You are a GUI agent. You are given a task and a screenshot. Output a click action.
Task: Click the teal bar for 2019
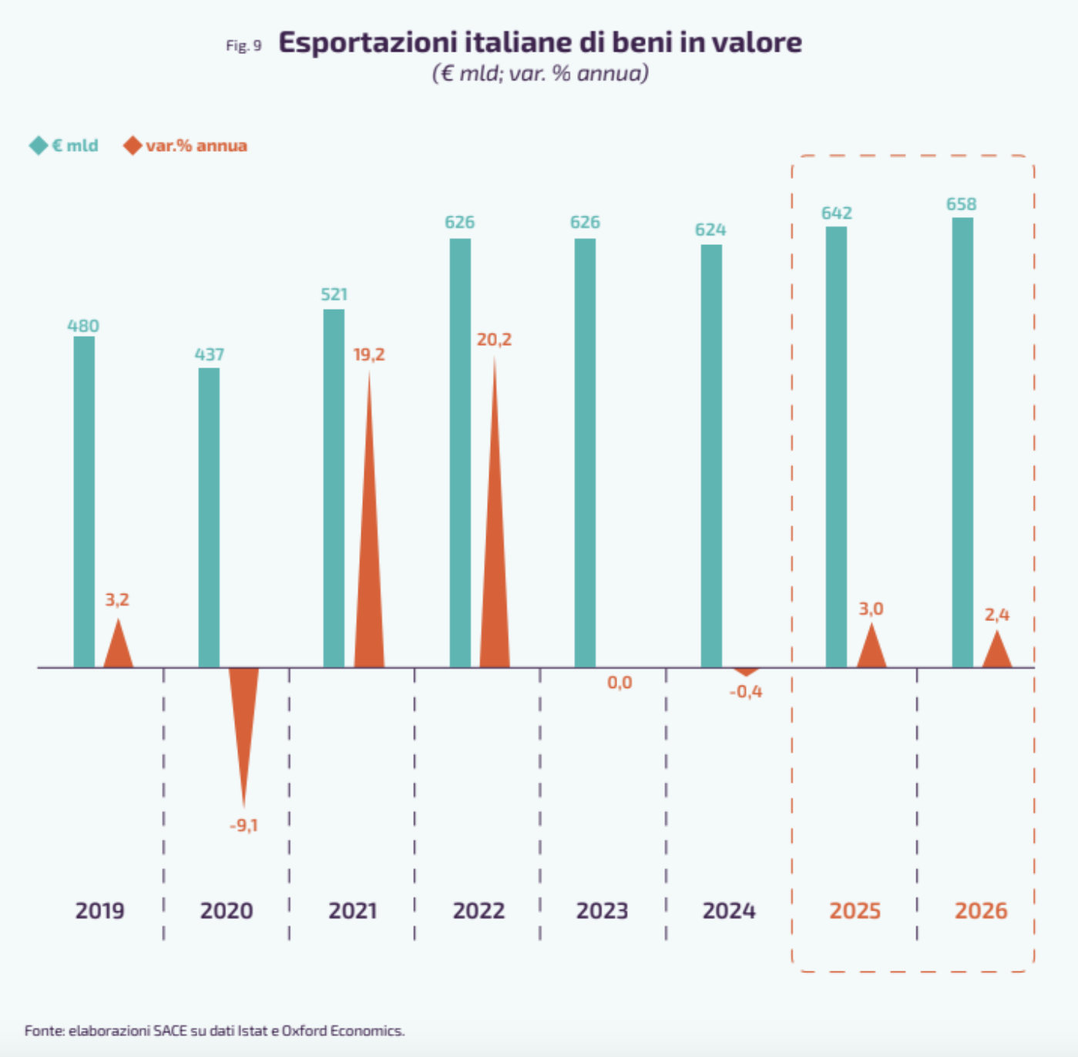click(x=84, y=502)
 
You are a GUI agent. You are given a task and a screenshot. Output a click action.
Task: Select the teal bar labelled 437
click(x=209, y=517)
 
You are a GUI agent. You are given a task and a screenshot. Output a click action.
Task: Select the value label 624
click(x=710, y=230)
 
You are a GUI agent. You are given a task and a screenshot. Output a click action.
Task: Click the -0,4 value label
click(x=746, y=692)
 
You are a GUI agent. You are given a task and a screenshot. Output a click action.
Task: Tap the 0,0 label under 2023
click(x=620, y=683)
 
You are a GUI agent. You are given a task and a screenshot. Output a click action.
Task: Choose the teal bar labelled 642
click(x=836, y=447)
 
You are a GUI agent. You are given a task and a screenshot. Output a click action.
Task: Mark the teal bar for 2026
click(x=962, y=442)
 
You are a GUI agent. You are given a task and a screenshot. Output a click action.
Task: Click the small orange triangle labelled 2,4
click(x=997, y=652)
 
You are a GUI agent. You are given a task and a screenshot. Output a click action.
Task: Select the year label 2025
click(x=855, y=911)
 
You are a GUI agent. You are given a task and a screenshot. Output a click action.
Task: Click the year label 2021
click(x=353, y=911)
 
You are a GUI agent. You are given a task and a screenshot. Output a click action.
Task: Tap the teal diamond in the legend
click(x=39, y=146)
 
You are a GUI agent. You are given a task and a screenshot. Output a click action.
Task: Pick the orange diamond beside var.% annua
click(x=133, y=146)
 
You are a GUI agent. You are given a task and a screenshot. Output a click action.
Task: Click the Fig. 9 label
click(x=243, y=45)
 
